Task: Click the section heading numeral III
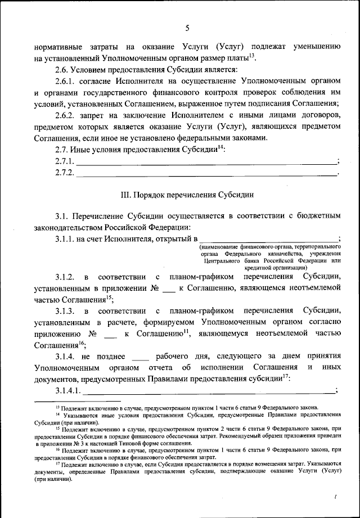point(127,195)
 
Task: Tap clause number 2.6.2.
point(67,115)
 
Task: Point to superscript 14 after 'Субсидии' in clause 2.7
point(221,147)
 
